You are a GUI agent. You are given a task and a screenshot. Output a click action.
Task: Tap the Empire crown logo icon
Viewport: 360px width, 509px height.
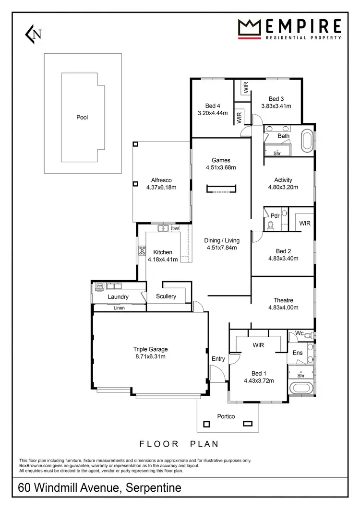(249, 29)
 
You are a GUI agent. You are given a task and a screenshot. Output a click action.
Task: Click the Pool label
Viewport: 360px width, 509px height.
(82, 117)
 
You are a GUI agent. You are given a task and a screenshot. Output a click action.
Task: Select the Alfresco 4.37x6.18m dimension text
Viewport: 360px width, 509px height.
(161, 188)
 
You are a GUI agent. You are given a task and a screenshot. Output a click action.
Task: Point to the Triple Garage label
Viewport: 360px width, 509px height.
(150, 349)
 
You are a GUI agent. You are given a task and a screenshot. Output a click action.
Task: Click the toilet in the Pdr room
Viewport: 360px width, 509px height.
(270, 225)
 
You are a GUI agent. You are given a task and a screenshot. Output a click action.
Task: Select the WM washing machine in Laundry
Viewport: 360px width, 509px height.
(100, 286)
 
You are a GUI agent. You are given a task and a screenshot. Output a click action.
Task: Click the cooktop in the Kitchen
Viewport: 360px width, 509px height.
(142, 249)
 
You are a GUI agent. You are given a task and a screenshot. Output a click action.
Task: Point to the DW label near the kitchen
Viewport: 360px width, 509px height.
(175, 229)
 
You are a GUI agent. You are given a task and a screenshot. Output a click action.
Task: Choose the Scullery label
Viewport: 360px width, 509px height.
(166, 296)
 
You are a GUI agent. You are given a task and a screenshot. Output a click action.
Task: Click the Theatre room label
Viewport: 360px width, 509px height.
(283, 300)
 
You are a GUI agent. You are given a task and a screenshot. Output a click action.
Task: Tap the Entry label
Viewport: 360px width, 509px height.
(218, 359)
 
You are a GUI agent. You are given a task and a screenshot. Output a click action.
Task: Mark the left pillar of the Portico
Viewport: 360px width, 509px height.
(207, 424)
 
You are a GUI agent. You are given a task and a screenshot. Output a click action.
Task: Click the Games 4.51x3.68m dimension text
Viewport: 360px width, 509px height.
(221, 167)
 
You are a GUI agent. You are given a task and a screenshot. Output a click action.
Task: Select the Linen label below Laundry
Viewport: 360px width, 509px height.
(119, 308)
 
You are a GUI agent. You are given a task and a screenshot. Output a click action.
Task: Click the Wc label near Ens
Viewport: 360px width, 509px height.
(299, 333)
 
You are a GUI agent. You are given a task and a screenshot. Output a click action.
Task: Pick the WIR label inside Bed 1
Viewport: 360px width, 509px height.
(258, 344)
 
